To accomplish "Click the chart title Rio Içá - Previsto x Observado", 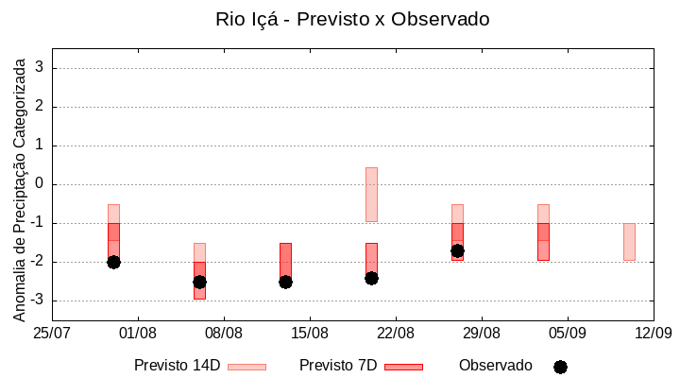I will pyautogui.click(x=351, y=19).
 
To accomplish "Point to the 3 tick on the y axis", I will pyautogui.click(x=41, y=68).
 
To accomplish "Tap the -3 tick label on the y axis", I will pyautogui.click(x=37, y=301).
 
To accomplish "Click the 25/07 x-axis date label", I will pyautogui.click(x=52, y=333).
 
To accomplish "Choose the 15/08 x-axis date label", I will pyautogui.click(x=310, y=333).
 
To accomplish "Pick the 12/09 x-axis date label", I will pyautogui.click(x=653, y=333).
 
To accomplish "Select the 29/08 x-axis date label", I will pyautogui.click(x=482, y=333).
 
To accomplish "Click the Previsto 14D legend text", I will pyautogui.click(x=177, y=366).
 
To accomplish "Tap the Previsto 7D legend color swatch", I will pyautogui.click(x=403, y=367).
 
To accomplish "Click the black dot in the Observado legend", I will pyautogui.click(x=560, y=367).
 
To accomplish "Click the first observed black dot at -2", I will pyautogui.click(x=113, y=262).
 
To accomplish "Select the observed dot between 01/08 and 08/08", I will pyautogui.click(x=199, y=282).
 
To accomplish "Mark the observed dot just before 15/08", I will pyautogui.click(x=285, y=282).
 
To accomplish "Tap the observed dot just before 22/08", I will pyautogui.click(x=371, y=278).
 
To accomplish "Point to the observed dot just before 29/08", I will pyautogui.click(x=457, y=250).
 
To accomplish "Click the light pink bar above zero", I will pyautogui.click(x=371, y=194).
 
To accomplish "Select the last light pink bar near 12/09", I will pyautogui.click(x=629, y=242).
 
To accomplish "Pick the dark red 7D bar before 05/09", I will pyautogui.click(x=543, y=242).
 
